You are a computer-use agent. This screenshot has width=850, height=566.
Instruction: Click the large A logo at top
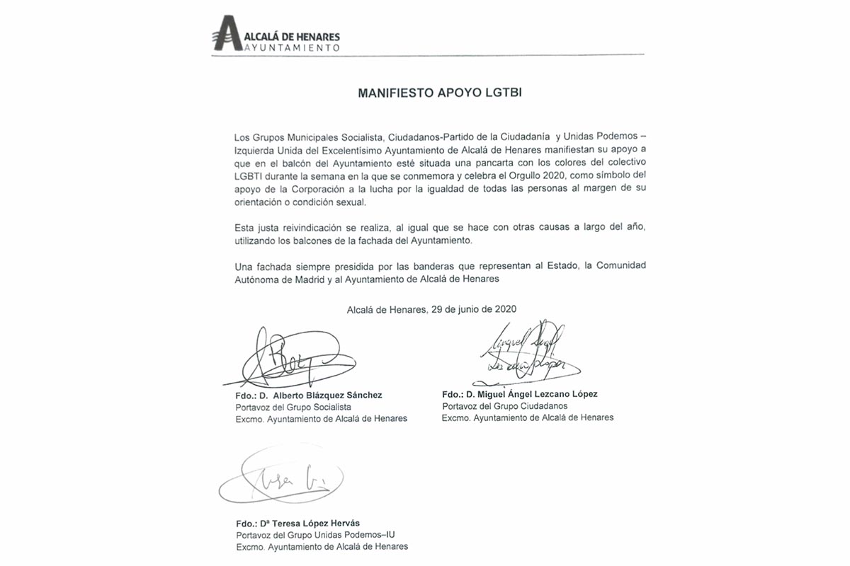228,34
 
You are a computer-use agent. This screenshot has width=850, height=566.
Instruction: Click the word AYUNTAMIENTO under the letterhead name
293,47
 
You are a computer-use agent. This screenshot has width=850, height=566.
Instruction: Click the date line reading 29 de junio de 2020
431,309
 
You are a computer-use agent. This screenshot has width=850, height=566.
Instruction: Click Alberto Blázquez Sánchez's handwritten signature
283,359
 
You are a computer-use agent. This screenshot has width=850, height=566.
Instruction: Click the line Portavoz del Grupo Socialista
293,408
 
